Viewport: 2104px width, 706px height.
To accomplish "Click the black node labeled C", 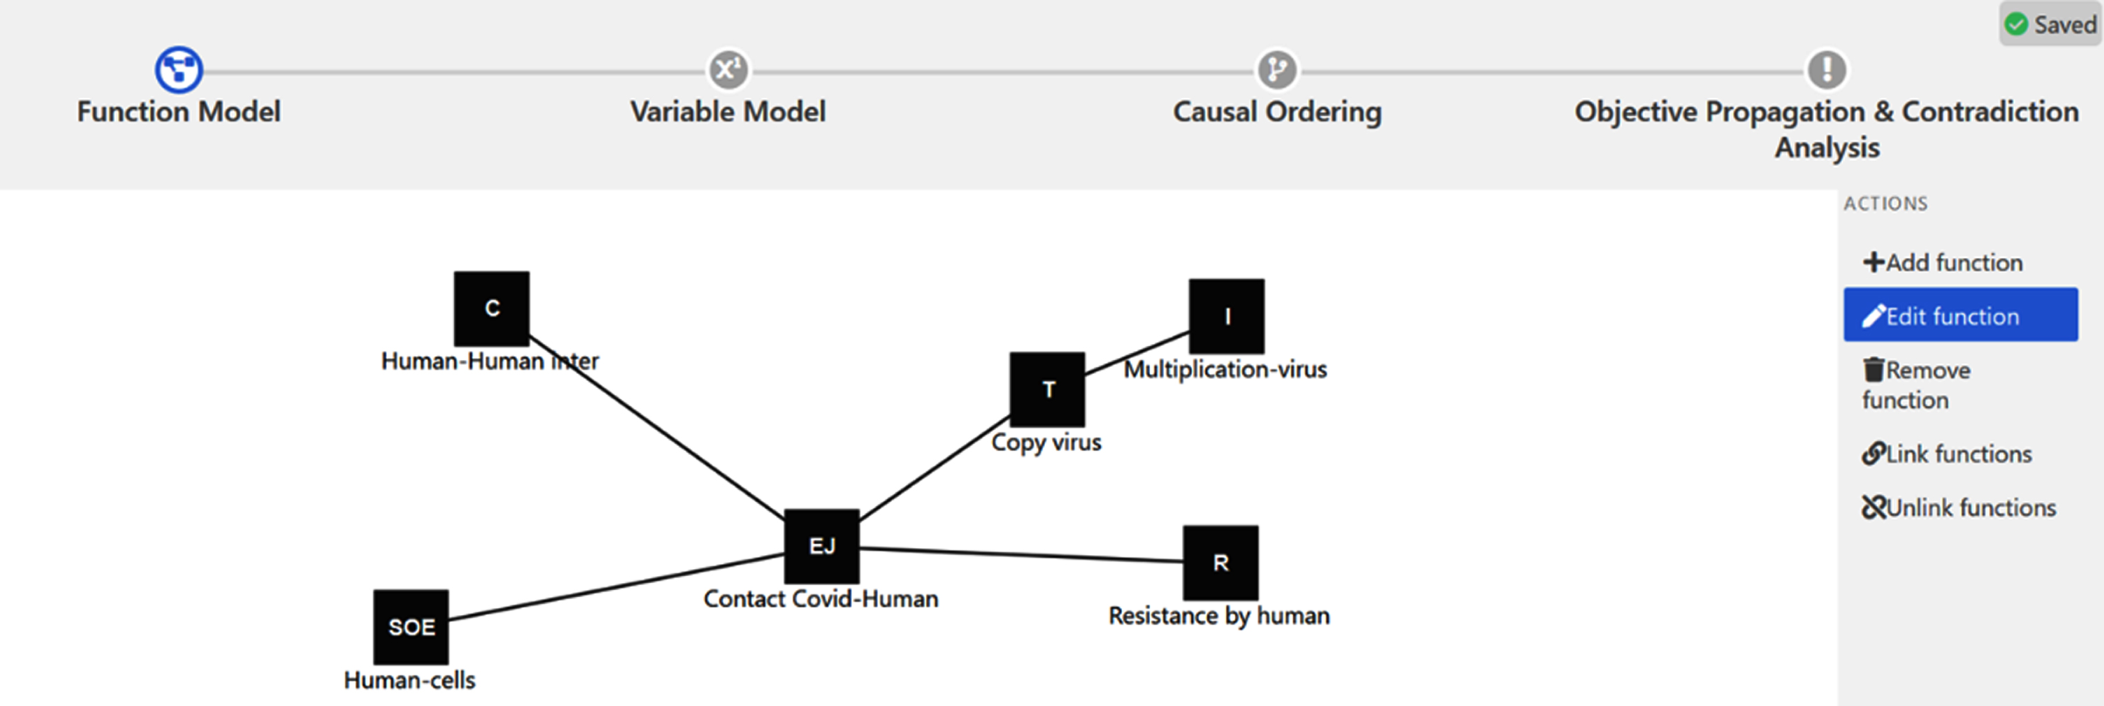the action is [492, 308].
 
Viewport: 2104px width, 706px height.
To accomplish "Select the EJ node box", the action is [821, 546].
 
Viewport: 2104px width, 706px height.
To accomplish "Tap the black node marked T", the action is [1047, 389].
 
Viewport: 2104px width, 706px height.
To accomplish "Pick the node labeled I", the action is [1227, 316].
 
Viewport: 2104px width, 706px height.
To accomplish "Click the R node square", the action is [1220, 562].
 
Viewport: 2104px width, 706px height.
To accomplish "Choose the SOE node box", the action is [411, 627].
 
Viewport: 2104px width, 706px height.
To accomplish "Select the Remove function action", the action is [1916, 385].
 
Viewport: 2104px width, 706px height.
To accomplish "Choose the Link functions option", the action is [1946, 454].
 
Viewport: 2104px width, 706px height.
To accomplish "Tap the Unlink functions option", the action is [1959, 507].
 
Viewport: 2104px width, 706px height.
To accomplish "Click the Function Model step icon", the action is [179, 69].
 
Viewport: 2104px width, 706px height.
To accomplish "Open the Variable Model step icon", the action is [728, 69].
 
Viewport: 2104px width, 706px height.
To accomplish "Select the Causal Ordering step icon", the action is [1278, 69].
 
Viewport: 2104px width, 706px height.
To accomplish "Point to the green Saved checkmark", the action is [2016, 24].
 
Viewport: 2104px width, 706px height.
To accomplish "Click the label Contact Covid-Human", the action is [821, 599].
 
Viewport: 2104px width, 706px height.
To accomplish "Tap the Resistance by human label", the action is [1219, 615].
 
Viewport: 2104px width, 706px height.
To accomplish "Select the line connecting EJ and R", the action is [1021, 555].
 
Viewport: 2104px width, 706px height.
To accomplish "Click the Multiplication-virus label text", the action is [1225, 369].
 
